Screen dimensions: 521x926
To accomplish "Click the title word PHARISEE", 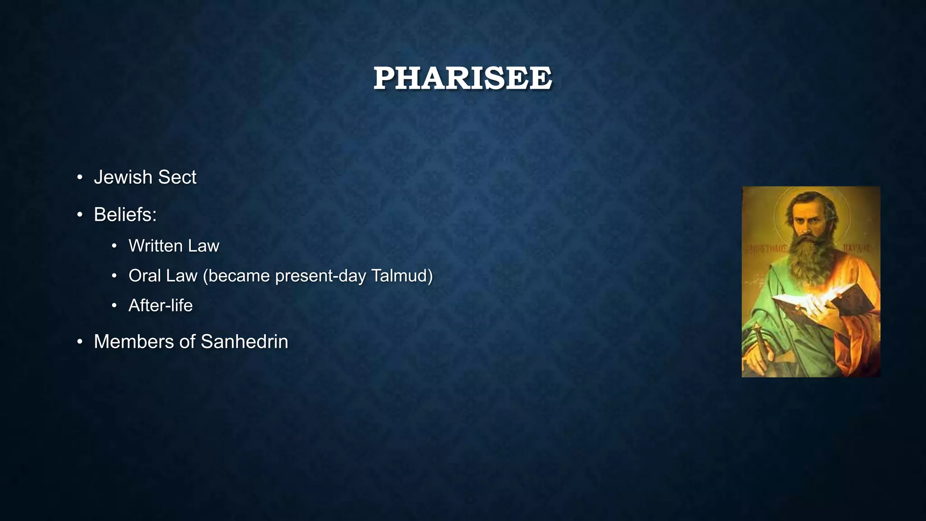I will point(463,78).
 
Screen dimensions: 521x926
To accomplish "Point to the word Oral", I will point(143,276).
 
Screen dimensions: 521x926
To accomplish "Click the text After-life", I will point(161,306).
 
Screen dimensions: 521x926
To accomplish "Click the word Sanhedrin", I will point(244,342).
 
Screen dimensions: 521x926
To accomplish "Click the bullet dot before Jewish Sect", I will point(80,178).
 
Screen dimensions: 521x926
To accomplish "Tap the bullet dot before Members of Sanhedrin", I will point(80,342).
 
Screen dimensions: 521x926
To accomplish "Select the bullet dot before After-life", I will point(114,306).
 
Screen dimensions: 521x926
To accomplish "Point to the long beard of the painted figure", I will point(809,262).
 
